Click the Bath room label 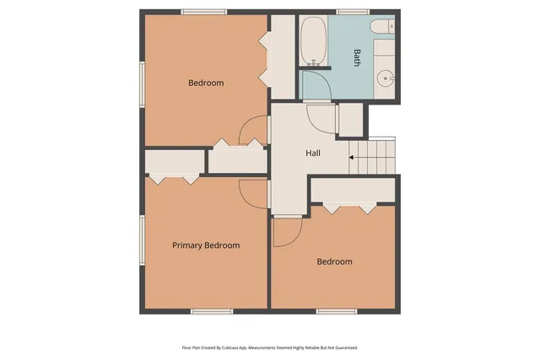click(x=357, y=57)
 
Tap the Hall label click(x=312, y=153)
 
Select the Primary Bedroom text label click(x=206, y=245)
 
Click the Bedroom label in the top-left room click(x=206, y=83)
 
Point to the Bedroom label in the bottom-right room click(x=334, y=261)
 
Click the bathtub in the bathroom click(x=314, y=41)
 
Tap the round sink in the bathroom click(x=386, y=78)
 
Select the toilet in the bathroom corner click(x=388, y=26)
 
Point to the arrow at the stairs click(x=353, y=156)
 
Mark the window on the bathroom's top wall click(x=347, y=12)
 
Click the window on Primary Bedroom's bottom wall click(x=211, y=312)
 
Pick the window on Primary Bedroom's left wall click(x=142, y=239)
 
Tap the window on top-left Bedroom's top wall click(x=203, y=12)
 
